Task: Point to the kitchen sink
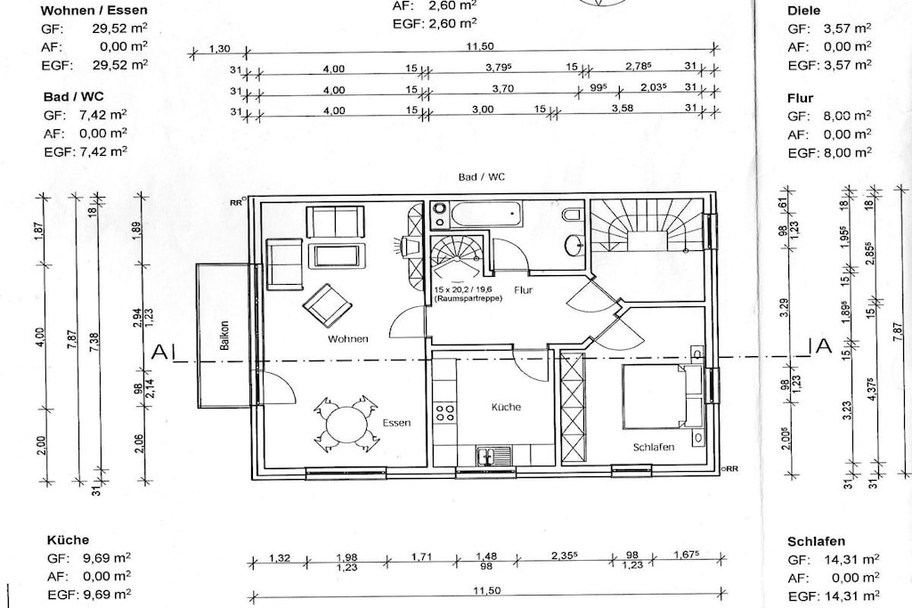click(494, 457)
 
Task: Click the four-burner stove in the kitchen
click(445, 413)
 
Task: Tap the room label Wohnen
click(348, 339)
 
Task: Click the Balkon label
click(224, 336)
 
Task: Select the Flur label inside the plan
click(523, 289)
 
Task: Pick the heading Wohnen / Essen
click(94, 10)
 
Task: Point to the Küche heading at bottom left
click(68, 539)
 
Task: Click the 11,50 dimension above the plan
click(480, 46)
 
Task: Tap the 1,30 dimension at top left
click(219, 50)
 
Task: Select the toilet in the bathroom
click(571, 215)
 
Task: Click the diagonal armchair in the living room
click(327, 305)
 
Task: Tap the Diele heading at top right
click(804, 11)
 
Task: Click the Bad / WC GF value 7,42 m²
click(103, 115)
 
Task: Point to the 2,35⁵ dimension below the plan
click(564, 555)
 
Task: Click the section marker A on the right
click(825, 346)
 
